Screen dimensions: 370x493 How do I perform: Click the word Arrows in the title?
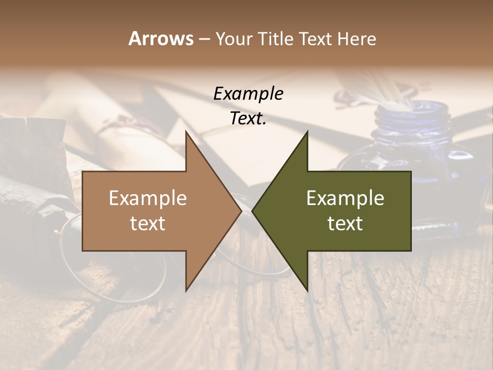[161, 39]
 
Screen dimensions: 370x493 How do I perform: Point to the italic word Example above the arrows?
[248, 94]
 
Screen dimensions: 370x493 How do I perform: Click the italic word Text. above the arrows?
[248, 118]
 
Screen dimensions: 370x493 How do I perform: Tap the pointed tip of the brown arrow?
[239, 211]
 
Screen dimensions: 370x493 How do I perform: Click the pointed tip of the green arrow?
[254, 211]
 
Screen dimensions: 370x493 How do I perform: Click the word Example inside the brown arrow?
[147, 198]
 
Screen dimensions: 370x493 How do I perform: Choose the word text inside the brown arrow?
[147, 224]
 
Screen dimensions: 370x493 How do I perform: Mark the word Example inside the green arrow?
[345, 198]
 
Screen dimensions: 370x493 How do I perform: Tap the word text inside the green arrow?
[345, 224]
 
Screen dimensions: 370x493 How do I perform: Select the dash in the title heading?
[204, 40]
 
